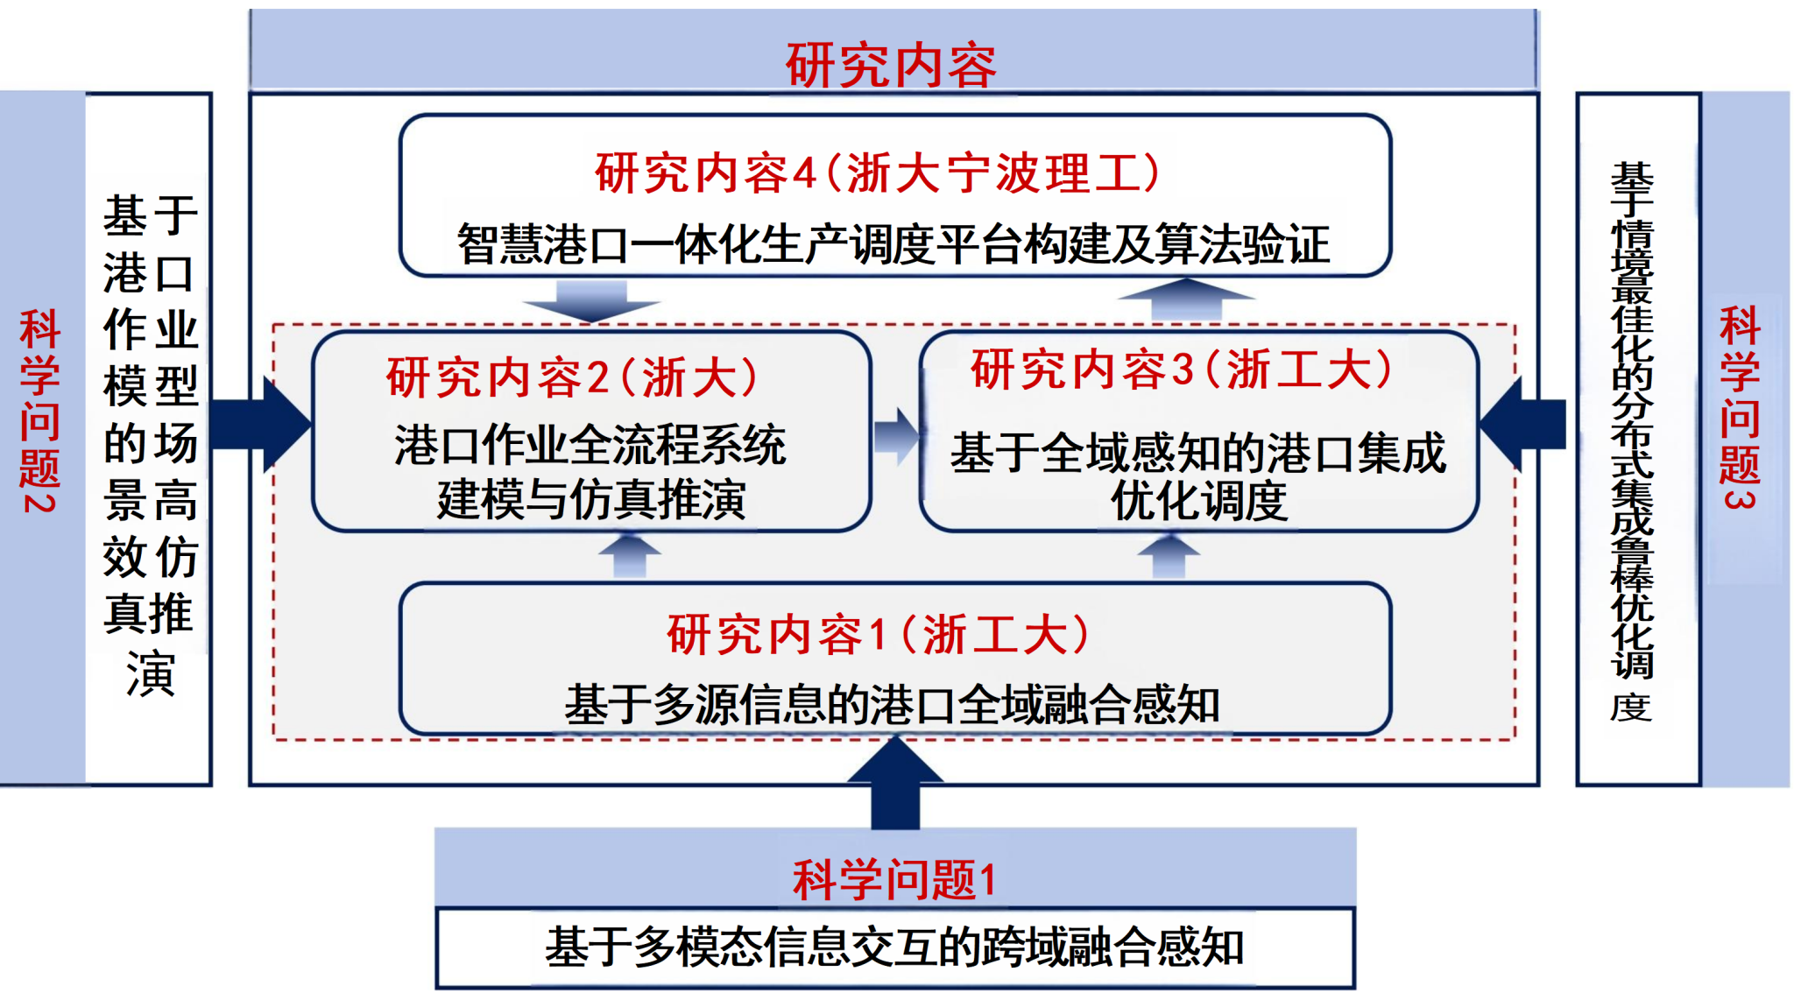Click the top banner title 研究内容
pyautogui.click(x=891, y=65)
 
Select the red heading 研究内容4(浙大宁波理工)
pyautogui.click(x=878, y=173)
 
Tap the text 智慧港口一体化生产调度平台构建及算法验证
pyautogui.click(x=893, y=243)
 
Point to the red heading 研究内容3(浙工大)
pyautogui.click(x=1181, y=369)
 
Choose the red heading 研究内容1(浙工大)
pyautogui.click(x=878, y=634)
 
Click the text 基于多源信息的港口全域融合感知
pyautogui.click(x=892, y=704)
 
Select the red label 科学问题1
pyautogui.click(x=893, y=878)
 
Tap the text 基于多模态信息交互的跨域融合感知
pyautogui.click(x=893, y=947)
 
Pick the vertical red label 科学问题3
pyautogui.click(x=1739, y=407)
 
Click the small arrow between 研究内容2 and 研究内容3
pyautogui.click(x=895, y=434)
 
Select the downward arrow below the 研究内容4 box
pyautogui.click(x=591, y=300)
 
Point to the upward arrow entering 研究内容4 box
pyautogui.click(x=1185, y=299)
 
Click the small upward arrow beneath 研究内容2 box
pyautogui.click(x=630, y=556)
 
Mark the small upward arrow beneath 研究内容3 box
pyautogui.click(x=1169, y=556)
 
